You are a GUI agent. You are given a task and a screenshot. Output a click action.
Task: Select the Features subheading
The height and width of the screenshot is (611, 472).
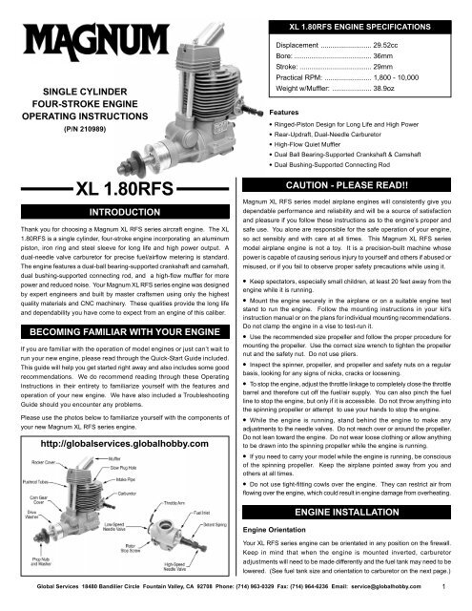click(x=273, y=112)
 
